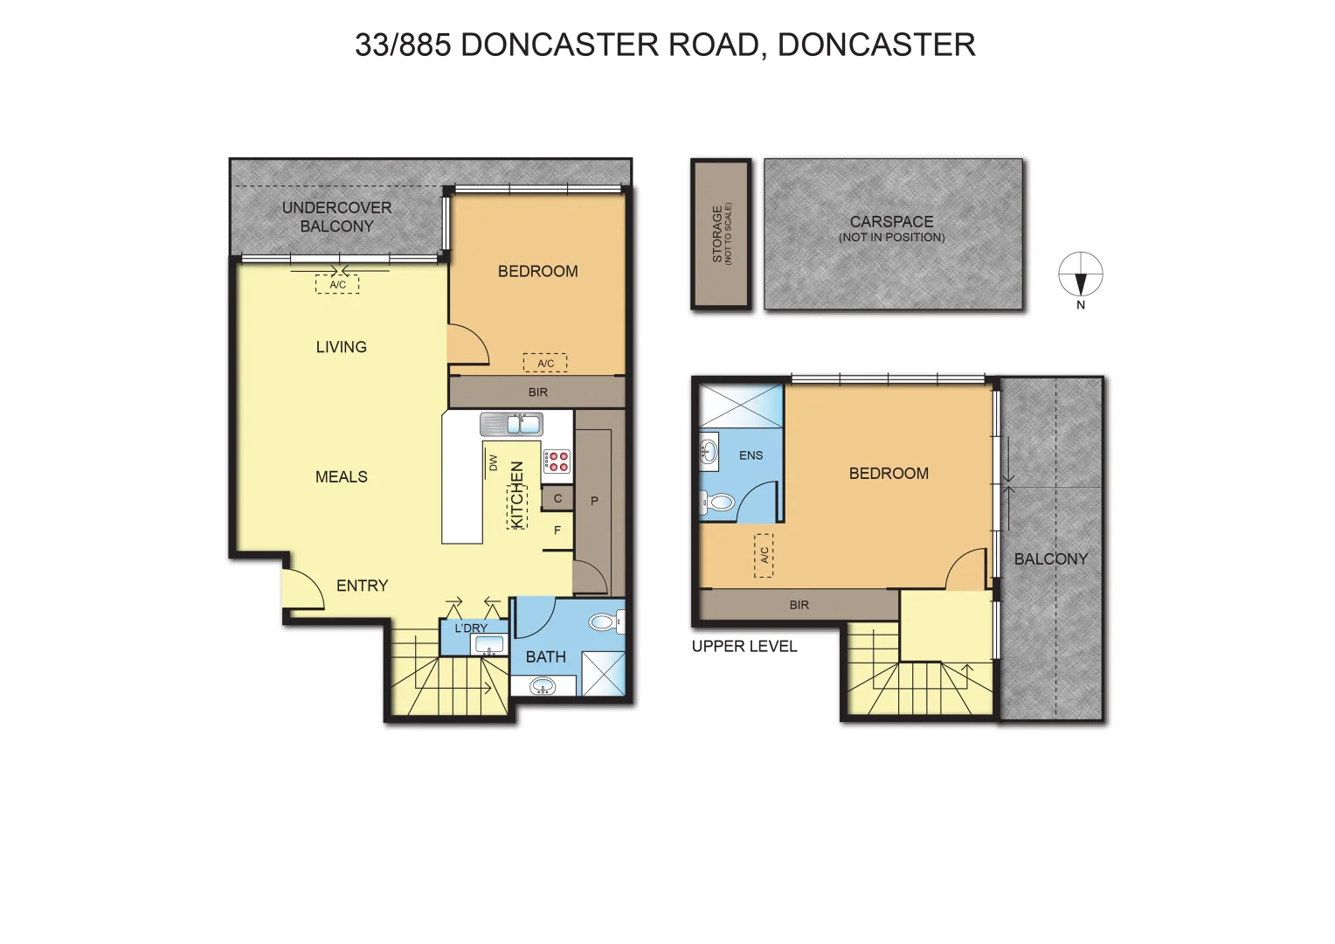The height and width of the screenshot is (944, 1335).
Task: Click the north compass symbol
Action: point(1081,275)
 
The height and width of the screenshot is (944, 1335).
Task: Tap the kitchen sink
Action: point(511,425)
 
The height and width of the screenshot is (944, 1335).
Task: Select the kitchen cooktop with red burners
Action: point(557,462)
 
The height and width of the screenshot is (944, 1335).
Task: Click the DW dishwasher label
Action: point(493,462)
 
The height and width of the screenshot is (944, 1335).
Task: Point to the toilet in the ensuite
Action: point(717,503)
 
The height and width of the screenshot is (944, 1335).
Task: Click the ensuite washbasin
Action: point(709,452)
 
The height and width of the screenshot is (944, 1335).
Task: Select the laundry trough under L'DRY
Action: point(488,645)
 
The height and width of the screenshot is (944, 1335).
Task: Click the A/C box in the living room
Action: point(337,284)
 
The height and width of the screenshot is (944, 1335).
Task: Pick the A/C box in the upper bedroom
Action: point(764,555)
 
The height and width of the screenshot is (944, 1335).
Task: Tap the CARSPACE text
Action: point(891,222)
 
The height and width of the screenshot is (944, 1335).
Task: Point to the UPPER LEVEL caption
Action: point(744,647)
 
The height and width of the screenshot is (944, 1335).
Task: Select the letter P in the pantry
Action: point(594,501)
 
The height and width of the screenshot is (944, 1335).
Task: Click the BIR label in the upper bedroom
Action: point(799,605)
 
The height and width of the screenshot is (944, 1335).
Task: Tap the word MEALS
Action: point(341,476)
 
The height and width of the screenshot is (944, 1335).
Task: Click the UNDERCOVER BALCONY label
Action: point(336,217)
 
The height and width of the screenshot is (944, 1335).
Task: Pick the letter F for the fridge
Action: point(557,530)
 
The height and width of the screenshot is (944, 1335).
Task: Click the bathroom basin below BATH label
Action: point(543,688)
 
